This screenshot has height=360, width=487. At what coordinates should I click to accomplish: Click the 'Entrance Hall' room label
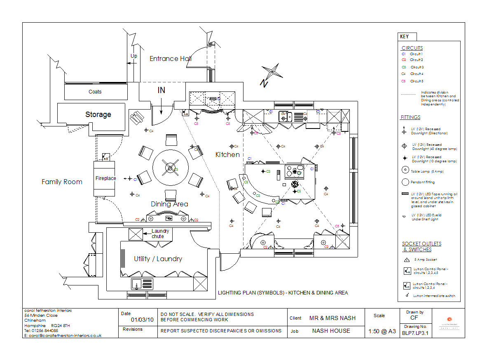170,58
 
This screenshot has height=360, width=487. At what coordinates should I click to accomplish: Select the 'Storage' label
98,115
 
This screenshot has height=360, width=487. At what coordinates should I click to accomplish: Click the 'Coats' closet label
95,92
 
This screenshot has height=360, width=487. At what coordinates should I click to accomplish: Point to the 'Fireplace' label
105,178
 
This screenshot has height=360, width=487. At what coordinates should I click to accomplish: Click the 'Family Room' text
62,182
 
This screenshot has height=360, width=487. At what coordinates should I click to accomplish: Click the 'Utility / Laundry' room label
158,259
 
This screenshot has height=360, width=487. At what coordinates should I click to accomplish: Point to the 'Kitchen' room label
227,154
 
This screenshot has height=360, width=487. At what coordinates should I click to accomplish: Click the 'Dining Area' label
169,204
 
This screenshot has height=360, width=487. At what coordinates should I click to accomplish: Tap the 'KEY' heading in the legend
405,37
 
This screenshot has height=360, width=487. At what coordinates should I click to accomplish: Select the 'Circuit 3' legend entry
417,67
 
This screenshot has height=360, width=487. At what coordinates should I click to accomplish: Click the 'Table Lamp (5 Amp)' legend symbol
405,170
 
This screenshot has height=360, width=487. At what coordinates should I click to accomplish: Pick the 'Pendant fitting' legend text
424,182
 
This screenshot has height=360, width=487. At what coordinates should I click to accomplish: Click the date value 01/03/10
142,320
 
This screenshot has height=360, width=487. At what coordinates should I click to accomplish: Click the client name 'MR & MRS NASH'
332,318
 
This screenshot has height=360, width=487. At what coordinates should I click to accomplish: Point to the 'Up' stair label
134,56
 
